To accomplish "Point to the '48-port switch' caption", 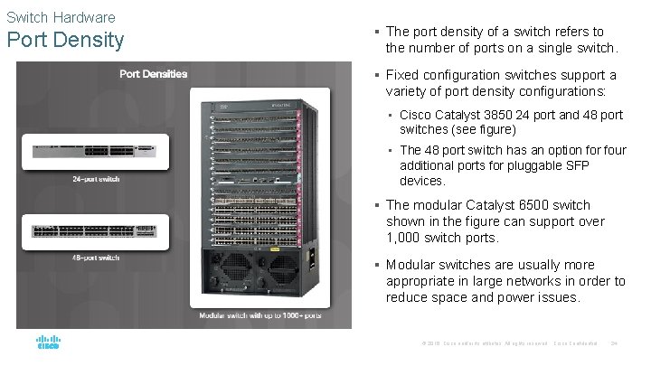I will (97, 258).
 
